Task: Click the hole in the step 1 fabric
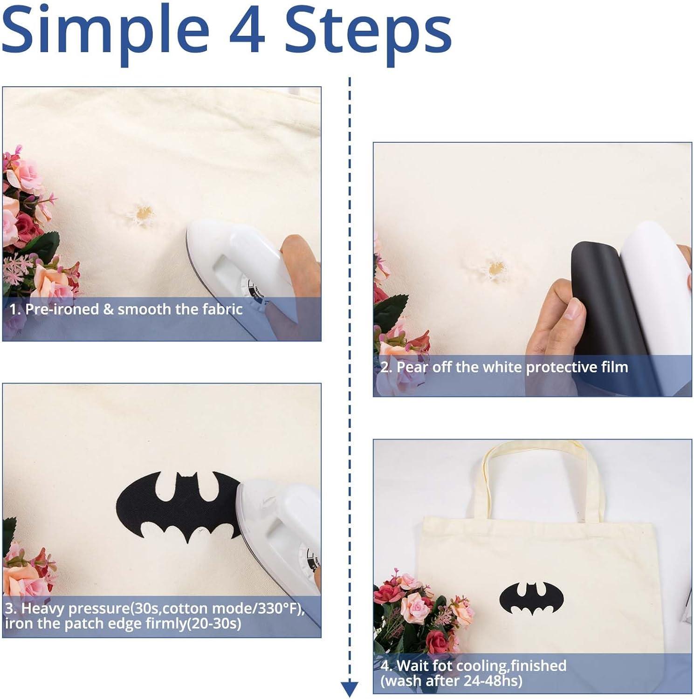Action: pos(142,213)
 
